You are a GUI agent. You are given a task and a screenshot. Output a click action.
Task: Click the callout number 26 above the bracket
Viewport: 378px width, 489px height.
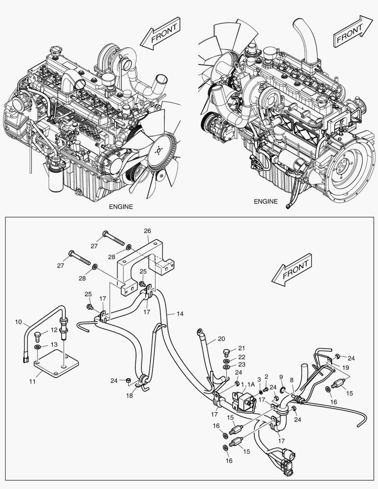[x=147, y=231]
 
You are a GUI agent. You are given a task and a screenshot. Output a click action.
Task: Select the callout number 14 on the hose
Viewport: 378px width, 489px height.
[x=180, y=313]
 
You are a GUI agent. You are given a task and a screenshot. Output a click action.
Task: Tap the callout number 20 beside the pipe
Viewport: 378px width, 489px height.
[x=221, y=338]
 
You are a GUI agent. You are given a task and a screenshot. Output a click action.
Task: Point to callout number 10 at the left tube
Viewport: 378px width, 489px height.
[x=18, y=322]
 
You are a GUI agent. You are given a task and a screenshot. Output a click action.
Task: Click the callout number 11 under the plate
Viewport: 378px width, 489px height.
[x=32, y=382]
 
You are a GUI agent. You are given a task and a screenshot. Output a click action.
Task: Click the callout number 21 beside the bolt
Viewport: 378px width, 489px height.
[x=241, y=348]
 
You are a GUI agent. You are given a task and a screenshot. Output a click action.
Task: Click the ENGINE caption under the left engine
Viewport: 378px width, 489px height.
[x=121, y=206]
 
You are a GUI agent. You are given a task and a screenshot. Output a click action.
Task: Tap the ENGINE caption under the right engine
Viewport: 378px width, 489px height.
[x=266, y=201]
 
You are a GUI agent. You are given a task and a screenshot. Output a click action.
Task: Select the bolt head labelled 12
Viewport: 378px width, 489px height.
[x=38, y=336]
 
